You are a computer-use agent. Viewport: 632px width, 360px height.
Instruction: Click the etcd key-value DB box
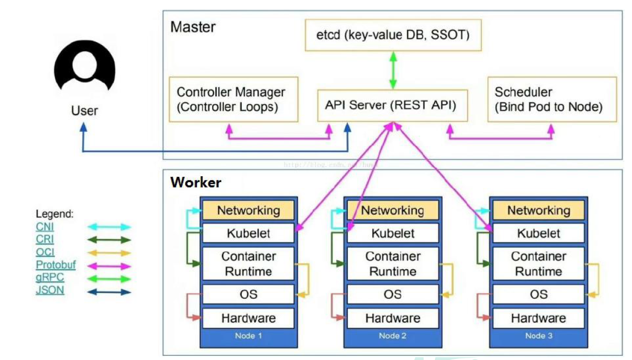coord(393,35)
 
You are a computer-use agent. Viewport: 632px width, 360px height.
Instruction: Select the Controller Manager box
coord(233,99)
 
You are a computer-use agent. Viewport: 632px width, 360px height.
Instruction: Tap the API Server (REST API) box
coord(391,105)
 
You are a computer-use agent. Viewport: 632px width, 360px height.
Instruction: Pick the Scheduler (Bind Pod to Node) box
coord(552,99)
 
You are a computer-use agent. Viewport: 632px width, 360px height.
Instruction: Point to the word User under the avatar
coord(85,111)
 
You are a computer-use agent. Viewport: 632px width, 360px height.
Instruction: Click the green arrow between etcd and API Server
coord(393,70)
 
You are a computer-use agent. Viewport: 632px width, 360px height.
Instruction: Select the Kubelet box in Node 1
coord(248,233)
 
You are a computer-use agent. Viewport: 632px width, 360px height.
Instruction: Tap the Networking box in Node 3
coord(538,210)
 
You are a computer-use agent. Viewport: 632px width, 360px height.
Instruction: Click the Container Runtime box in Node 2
coord(393,264)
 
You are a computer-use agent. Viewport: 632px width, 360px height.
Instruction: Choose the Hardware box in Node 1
coord(248,318)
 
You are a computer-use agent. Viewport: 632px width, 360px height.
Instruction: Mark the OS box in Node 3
coord(538,294)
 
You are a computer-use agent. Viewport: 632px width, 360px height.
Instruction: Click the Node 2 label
coord(393,336)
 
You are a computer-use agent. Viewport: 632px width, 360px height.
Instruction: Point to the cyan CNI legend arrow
coord(110,227)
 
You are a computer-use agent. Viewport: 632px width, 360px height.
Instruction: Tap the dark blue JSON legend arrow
coord(110,292)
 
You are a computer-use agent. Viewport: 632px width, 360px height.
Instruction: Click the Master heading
coord(193,27)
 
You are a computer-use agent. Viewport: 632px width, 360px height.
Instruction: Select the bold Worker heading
coord(195,183)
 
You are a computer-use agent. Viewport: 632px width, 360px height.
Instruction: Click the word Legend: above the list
coord(55,214)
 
